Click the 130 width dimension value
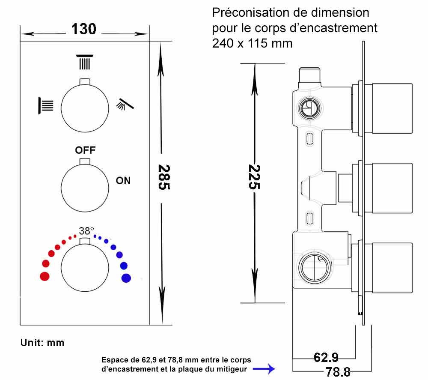point(84,29)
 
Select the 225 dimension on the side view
point(254,177)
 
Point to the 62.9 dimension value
point(326,357)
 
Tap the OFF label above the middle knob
point(85,150)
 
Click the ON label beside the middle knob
point(123,180)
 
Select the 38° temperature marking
point(86,230)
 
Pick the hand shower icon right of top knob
point(125,104)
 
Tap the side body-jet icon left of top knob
point(46,105)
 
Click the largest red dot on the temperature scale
point(45,276)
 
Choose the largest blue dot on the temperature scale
point(126,278)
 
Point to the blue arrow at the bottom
point(263,368)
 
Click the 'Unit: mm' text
point(42,343)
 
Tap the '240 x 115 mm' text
point(253,43)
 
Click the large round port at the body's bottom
point(315,268)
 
